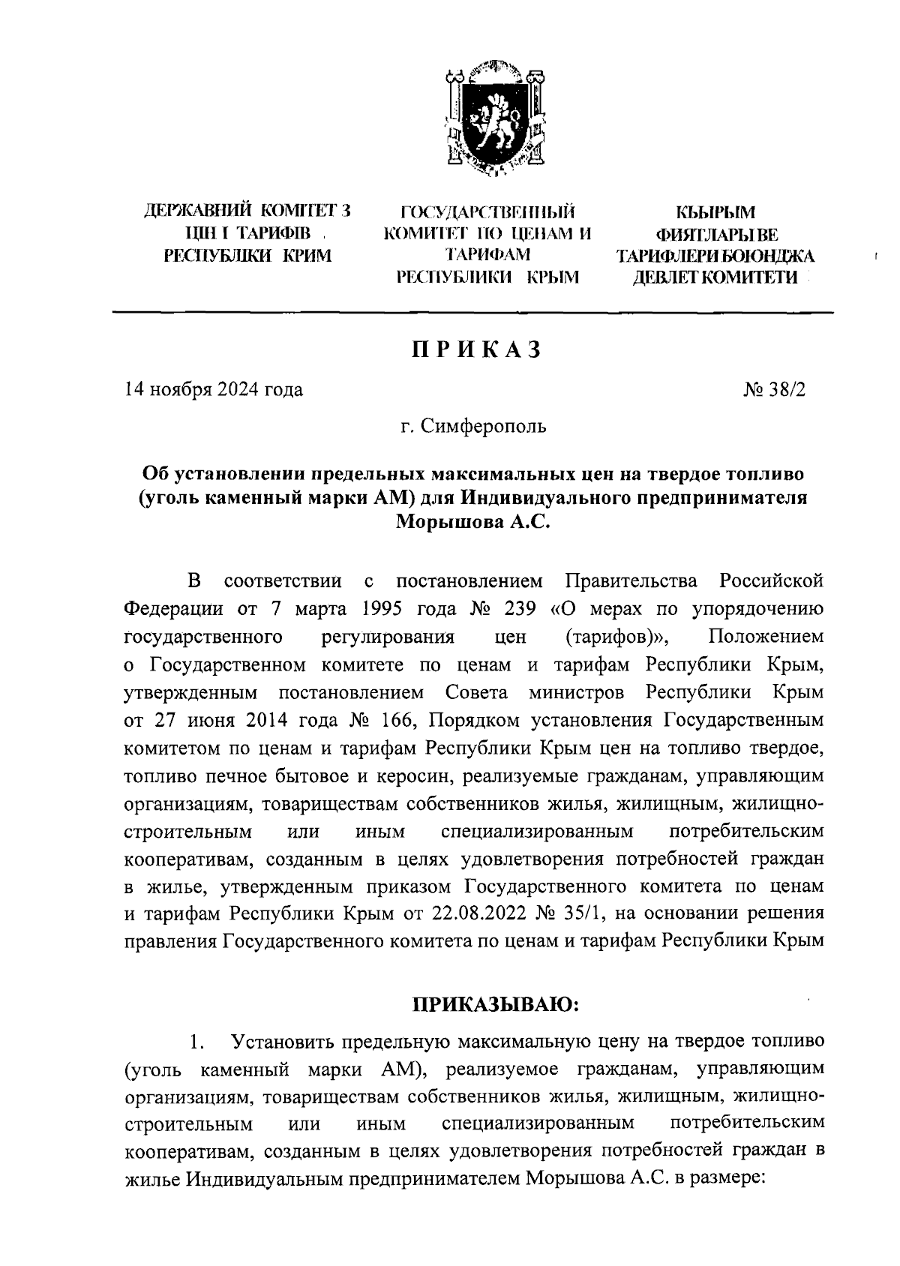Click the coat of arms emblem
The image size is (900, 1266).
(493, 119)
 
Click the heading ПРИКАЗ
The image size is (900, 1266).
(475, 350)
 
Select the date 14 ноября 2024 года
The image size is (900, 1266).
(214, 389)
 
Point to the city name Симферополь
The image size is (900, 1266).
(484, 427)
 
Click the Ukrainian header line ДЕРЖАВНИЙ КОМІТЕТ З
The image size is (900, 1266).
(248, 211)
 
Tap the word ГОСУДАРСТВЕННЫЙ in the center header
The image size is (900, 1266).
(488, 211)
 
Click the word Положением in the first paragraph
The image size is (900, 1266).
(765, 637)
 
